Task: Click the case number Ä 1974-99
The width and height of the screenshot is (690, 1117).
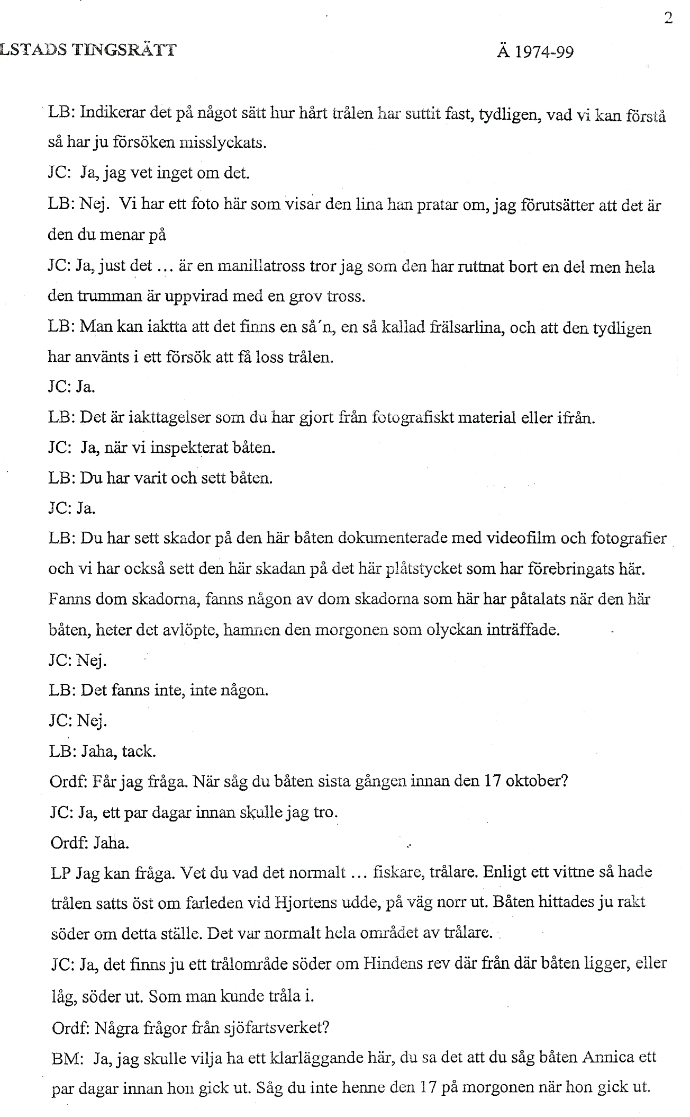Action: [535, 52]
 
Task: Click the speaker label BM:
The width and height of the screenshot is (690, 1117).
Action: [66, 1058]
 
